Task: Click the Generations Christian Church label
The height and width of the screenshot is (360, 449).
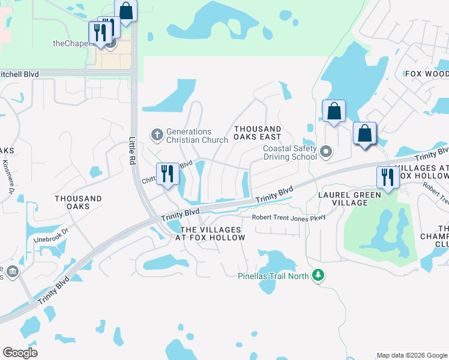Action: tap(188, 136)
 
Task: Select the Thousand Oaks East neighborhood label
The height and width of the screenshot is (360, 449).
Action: tap(258, 133)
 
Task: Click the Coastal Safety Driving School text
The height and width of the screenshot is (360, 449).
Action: tap(290, 152)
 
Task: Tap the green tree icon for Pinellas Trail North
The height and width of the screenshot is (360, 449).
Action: tap(318, 275)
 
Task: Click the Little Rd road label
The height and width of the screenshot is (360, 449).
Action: tap(133, 150)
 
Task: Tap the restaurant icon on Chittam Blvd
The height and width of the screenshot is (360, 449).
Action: tap(167, 173)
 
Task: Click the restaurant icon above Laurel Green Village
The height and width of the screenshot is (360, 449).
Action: tap(387, 177)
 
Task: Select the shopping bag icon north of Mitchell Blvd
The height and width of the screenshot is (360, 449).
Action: tap(126, 11)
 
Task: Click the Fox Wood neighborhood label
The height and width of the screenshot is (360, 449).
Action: tap(426, 74)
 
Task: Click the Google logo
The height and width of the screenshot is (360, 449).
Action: tap(20, 352)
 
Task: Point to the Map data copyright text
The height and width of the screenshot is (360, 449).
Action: tap(411, 355)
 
